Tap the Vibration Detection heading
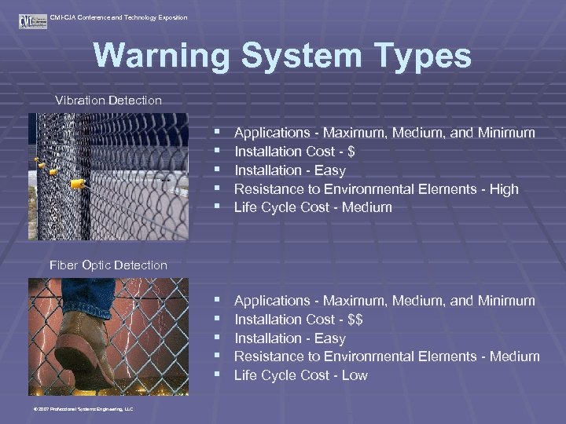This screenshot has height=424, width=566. [108, 101]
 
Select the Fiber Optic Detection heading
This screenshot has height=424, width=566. [108, 265]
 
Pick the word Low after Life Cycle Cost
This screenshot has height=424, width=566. [355, 375]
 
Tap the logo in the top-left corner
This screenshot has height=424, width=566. [32, 20]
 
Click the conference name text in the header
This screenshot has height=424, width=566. [118, 17]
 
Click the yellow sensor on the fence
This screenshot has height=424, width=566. [77, 185]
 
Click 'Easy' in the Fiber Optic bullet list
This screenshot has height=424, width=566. [329, 338]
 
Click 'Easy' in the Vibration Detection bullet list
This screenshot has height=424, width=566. [329, 170]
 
